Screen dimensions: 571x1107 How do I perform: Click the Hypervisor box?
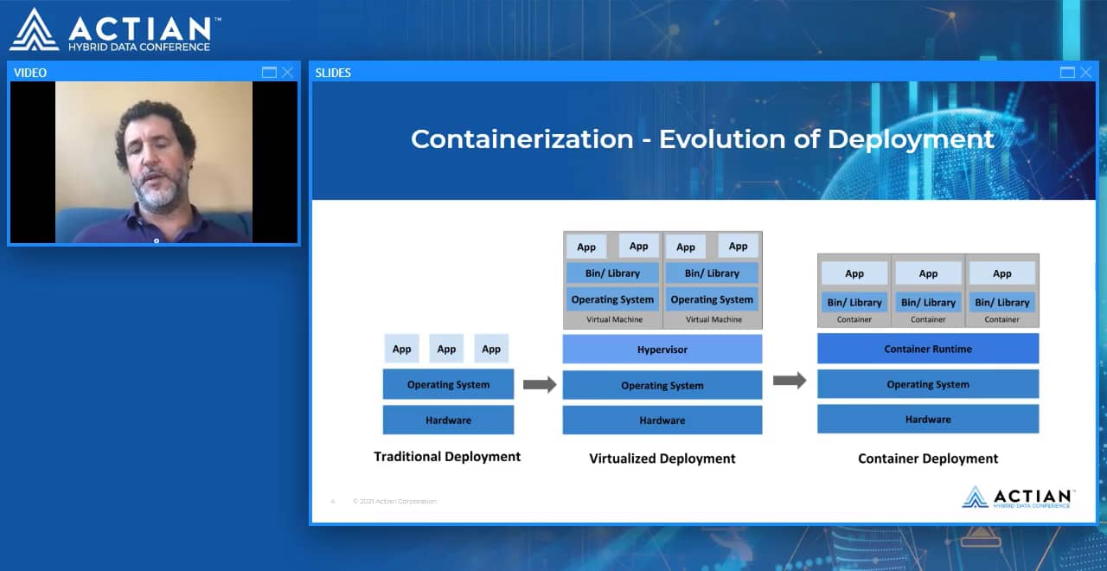pos(662,350)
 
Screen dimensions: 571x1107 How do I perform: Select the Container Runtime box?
pos(927,349)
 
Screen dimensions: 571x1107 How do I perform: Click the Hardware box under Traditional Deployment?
pos(448,420)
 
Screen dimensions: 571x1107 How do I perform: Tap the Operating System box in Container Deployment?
pos(927,384)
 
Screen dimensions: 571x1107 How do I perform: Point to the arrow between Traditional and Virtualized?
pos(539,385)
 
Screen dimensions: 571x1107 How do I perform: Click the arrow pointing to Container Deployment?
pos(789,381)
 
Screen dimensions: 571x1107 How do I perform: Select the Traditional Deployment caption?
pos(447,456)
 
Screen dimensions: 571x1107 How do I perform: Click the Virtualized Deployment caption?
pos(662,459)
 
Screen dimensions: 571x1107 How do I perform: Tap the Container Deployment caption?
pos(927,459)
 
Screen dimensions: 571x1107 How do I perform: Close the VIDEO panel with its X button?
pos(288,73)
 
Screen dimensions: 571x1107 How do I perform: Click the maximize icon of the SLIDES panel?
pos(1067,73)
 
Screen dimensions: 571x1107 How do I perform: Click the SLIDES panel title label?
pos(333,73)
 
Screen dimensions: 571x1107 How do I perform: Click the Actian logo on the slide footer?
pos(1018,497)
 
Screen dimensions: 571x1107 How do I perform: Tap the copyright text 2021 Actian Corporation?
pos(394,502)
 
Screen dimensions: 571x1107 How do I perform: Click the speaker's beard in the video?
pos(160,191)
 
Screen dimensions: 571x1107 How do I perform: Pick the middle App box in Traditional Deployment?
pos(446,349)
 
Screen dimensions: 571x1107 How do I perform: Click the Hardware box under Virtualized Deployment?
pos(662,420)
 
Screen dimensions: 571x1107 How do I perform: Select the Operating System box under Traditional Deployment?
pos(448,384)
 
